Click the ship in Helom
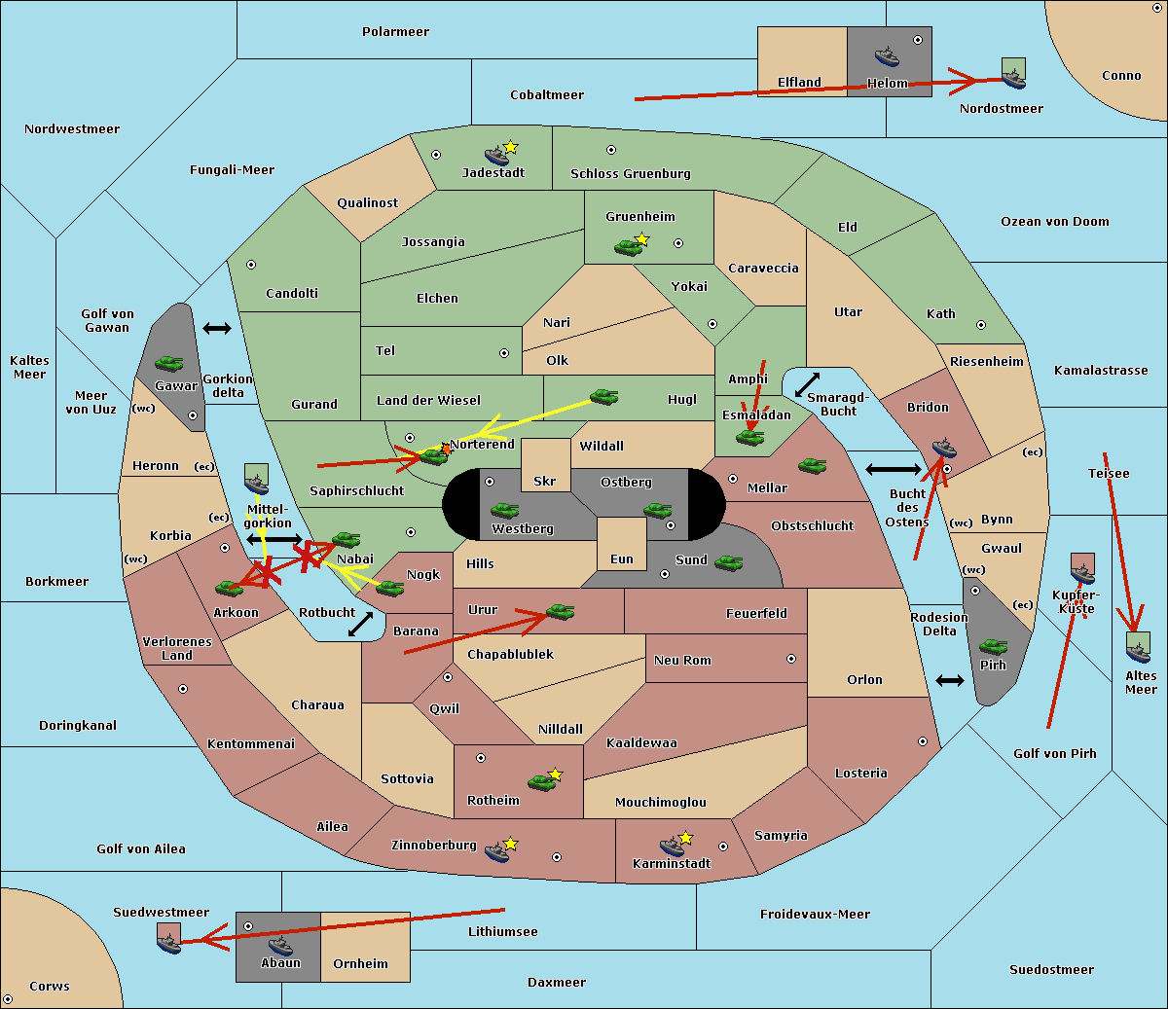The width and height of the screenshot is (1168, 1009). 887,56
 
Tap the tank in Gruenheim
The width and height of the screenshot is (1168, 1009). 629,247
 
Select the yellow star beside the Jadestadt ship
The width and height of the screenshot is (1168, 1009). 510,148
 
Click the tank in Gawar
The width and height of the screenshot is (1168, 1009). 169,363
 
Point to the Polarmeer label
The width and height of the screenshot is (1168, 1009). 395,32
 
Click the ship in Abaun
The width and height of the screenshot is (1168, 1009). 281,946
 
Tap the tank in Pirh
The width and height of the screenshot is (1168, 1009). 994,646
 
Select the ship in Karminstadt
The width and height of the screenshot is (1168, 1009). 672,847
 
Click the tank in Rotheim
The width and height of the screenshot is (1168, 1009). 541,782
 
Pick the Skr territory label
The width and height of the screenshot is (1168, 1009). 545,481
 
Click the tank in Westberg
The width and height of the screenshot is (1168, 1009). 504,510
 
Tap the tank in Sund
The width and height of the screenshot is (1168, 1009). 728,562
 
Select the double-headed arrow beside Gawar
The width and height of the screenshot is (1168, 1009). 217,328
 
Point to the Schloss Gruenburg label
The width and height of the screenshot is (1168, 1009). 631,173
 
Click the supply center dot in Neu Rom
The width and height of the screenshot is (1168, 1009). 791,659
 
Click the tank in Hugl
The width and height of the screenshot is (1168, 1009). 603,397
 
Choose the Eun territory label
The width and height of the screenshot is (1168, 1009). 622,559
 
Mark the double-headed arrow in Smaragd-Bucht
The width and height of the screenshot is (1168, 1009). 807,384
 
